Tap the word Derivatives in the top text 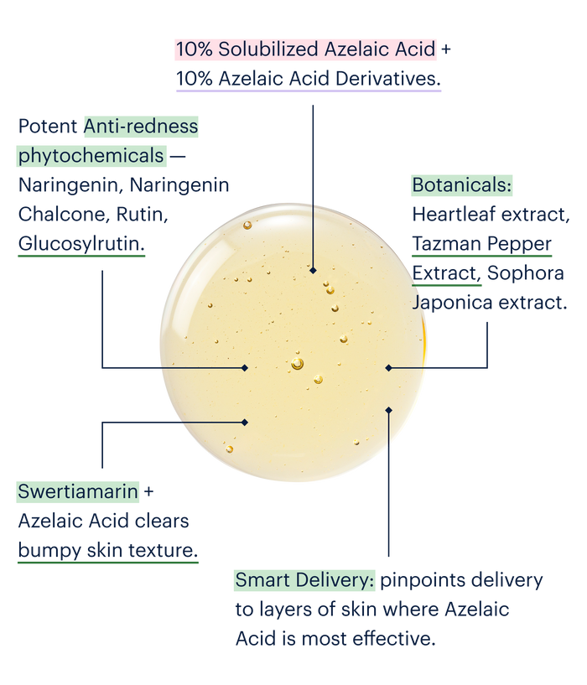click(x=387, y=79)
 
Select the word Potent click(x=48, y=127)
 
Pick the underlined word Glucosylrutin click(x=81, y=244)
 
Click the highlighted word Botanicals click(x=461, y=185)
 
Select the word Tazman click(x=446, y=244)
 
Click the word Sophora click(x=526, y=273)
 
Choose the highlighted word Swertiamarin click(x=78, y=492)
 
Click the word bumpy click(x=49, y=551)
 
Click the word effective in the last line click(x=394, y=639)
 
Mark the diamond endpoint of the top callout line click(x=313, y=271)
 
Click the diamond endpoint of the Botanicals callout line click(x=388, y=368)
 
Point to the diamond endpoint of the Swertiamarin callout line click(x=245, y=423)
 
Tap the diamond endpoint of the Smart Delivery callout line click(x=388, y=410)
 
